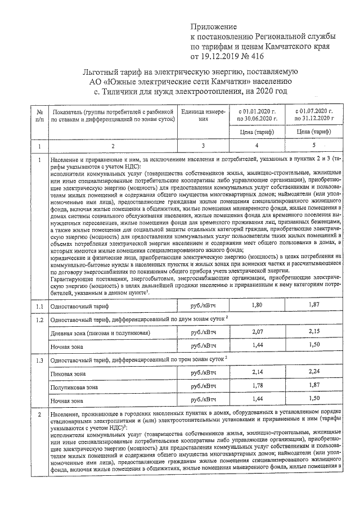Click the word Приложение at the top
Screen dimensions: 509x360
coord(214,26)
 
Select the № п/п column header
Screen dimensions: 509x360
coord(39,115)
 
